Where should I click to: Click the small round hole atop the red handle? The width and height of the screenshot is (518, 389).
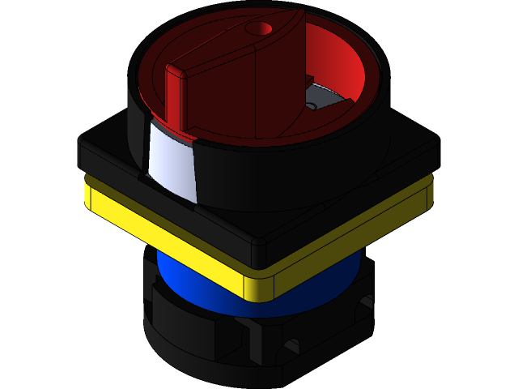point(259,28)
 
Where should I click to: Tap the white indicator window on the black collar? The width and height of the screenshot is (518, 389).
point(172,161)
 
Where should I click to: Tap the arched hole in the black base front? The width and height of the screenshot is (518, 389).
point(290,348)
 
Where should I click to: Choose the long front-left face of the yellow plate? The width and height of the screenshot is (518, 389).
point(170,243)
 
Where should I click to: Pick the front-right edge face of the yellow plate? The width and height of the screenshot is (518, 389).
point(348,243)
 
